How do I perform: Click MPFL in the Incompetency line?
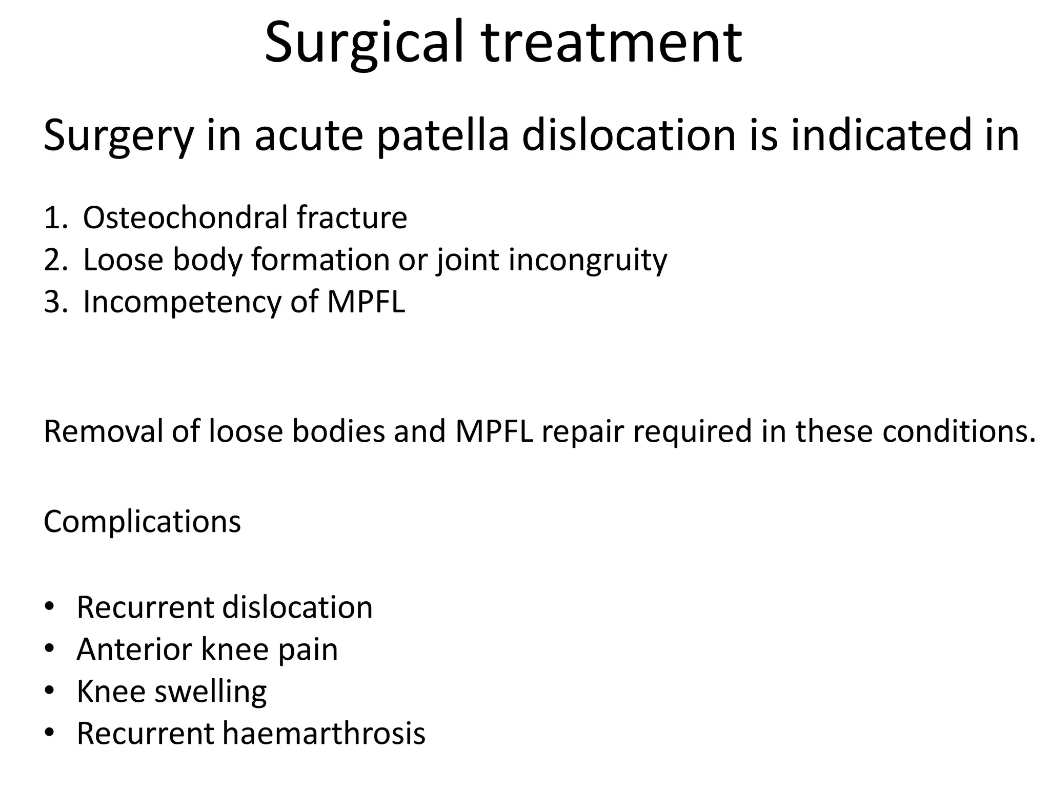coord(366,302)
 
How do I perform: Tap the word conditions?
coord(959,431)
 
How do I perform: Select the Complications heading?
coord(142,522)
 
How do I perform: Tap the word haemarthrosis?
coord(324,734)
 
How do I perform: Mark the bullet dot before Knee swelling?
coord(49,691)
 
